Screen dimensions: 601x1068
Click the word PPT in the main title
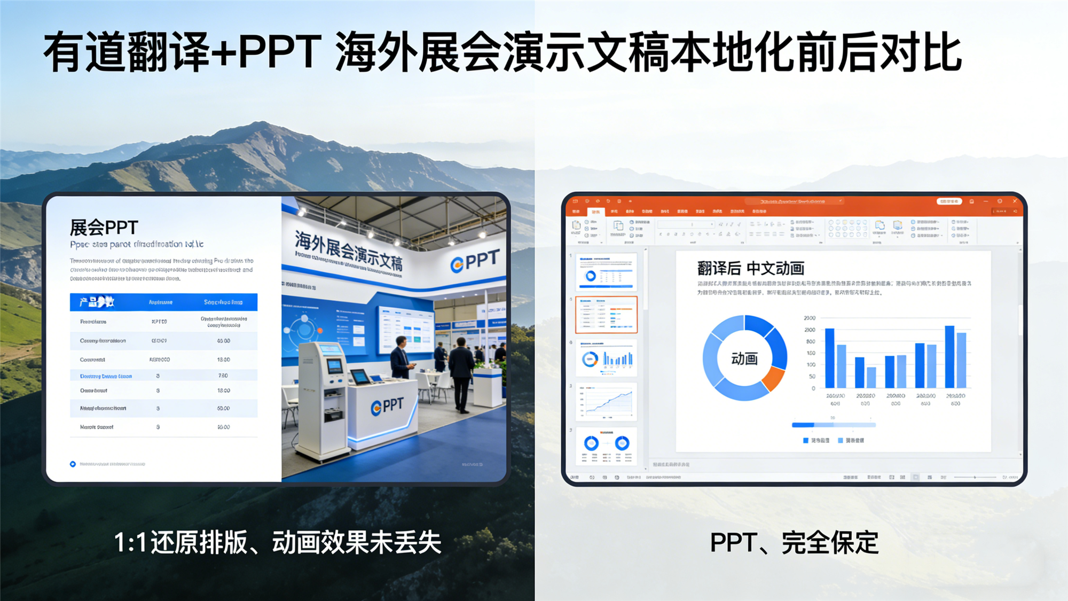coord(279,52)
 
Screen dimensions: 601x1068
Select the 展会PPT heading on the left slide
coord(104,228)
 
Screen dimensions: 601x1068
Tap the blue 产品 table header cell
coord(97,302)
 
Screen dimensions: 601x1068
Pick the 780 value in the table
coord(223,376)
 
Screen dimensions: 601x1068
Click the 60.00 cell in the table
coord(223,408)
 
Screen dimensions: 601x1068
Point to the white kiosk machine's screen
coord(335,366)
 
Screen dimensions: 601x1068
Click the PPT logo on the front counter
coord(388,406)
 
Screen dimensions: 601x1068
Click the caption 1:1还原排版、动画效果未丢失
coord(278,543)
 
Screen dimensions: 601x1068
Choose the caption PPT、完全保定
coord(794,543)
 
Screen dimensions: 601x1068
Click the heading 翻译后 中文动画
coord(750,268)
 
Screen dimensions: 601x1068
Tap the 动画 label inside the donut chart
coord(744,358)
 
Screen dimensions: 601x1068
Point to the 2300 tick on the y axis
coord(810,318)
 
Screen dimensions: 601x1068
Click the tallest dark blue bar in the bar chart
coord(949,356)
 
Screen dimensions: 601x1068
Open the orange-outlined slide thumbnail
coord(606,315)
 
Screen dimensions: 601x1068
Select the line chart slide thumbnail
coord(606,402)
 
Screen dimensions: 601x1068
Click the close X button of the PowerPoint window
coord(1015,201)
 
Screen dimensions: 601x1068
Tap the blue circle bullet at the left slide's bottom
coord(73,464)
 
